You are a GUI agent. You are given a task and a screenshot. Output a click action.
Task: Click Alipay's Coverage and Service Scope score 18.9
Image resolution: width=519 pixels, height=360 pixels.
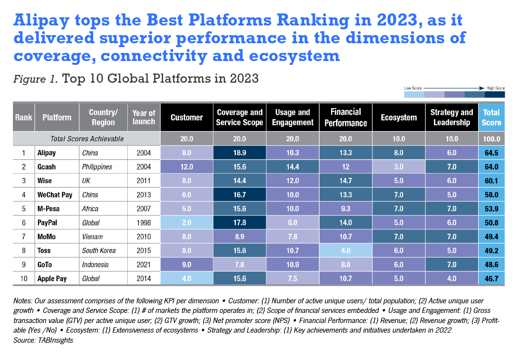[239, 153]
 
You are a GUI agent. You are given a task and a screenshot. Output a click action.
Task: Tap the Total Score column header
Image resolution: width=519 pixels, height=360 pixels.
[491, 117]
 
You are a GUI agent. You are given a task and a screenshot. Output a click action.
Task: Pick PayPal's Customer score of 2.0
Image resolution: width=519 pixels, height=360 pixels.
[186, 223]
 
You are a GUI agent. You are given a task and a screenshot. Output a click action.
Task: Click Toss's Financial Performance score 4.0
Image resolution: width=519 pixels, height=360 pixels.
[345, 250]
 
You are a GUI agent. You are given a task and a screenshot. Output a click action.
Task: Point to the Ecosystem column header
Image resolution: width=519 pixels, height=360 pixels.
[398, 117]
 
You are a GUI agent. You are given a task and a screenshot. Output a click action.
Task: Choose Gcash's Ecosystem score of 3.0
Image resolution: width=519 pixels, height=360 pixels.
[398, 167]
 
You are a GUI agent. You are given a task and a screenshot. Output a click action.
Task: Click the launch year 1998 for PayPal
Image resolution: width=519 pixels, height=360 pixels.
[143, 223]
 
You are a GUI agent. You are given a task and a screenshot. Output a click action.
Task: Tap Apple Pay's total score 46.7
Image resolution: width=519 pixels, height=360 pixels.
[491, 278]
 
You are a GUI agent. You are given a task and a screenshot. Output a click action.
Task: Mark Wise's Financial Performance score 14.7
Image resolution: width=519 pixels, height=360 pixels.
[345, 181]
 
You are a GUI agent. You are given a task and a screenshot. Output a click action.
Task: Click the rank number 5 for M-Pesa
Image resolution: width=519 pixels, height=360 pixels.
[23, 209]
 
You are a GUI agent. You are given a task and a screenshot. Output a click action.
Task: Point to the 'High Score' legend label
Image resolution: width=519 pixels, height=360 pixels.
[494, 88]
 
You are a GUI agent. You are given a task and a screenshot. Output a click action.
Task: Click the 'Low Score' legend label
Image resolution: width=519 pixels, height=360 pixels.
[413, 88]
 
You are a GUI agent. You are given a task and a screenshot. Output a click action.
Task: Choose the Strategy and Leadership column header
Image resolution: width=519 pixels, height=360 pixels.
[451, 117]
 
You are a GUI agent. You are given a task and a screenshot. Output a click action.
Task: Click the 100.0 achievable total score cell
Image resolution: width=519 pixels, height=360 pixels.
[491, 139]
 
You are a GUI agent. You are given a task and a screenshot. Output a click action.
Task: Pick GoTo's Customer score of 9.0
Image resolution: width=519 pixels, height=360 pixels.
[186, 264]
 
